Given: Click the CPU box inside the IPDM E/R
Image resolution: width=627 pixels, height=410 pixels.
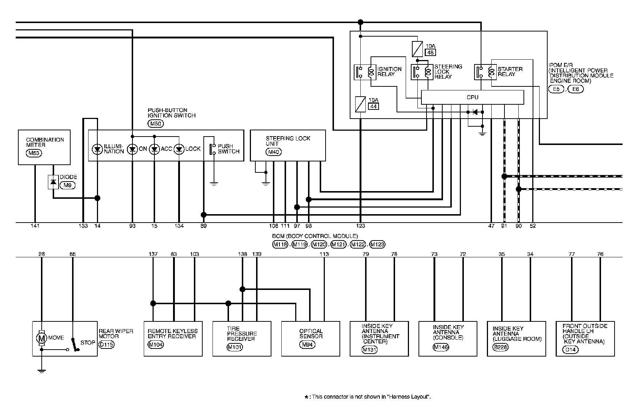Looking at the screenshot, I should (472, 97).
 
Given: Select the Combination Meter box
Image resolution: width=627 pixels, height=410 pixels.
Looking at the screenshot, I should (44, 147).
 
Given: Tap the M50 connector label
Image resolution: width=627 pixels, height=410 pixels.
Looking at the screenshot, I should (156, 124).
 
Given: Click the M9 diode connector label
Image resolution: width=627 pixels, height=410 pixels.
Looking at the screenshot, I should (67, 185).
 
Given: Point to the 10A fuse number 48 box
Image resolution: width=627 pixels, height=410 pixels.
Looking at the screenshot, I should (430, 53).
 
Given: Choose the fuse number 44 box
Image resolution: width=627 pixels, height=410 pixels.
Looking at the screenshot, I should (373, 106).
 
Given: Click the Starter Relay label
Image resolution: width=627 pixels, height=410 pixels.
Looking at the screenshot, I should (510, 71).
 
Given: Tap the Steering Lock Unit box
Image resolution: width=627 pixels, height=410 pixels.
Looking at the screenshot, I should (288, 145).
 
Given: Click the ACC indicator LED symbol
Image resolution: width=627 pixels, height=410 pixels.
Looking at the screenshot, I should (154, 149).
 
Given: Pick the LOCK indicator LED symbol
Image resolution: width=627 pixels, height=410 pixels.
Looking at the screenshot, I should (179, 149).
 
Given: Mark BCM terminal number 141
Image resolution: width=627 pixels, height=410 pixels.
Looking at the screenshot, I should (35, 226).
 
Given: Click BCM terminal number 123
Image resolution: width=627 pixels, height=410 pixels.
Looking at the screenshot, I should (361, 226).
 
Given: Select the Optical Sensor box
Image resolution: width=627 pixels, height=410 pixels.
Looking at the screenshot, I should (310, 338).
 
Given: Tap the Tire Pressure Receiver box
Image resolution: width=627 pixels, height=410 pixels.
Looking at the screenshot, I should (242, 338).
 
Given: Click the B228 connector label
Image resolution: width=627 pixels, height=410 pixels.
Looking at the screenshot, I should (500, 347).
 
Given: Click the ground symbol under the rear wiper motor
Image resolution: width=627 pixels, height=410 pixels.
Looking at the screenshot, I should (42, 371).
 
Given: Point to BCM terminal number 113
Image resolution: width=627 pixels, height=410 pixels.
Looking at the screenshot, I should (324, 254).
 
